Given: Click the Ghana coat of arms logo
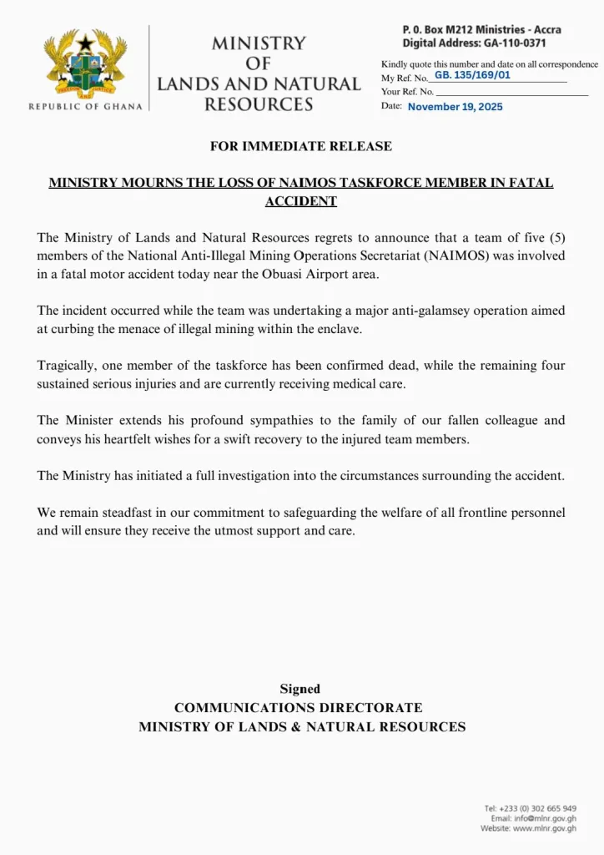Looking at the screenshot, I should (85, 64).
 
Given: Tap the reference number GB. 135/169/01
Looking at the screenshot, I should (472, 75).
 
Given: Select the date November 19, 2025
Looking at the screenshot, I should (456, 107).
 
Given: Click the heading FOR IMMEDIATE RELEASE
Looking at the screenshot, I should (301, 146).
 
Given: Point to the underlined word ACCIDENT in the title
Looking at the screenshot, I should (301, 201).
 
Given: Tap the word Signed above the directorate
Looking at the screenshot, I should (300, 689).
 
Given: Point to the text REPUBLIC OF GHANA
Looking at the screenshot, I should (85, 107).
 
